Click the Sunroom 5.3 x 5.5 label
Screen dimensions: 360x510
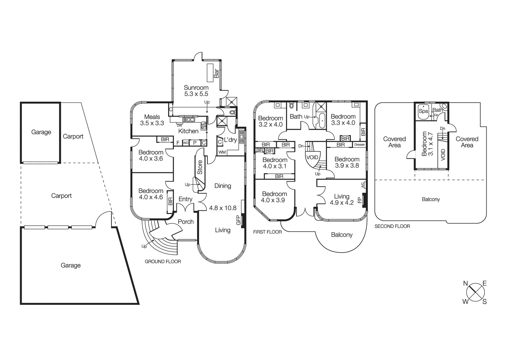196,91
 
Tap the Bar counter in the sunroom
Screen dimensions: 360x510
210,73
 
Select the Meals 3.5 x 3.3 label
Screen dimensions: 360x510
152,120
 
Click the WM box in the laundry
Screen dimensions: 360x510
222,152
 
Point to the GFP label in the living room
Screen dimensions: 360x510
238,220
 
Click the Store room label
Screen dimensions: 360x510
200,167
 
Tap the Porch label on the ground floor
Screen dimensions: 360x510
186,222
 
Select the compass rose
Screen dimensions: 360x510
475,293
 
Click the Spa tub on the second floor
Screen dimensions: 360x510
423,111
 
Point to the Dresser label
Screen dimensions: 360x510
360,145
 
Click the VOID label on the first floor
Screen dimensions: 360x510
312,157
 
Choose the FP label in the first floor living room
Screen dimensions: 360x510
360,200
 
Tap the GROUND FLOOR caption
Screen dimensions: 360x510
163,262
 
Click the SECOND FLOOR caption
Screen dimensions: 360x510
392,226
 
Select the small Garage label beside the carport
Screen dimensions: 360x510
41,132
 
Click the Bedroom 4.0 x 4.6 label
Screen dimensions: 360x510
151,194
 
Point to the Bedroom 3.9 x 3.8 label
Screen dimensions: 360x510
347,162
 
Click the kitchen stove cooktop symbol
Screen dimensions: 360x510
203,125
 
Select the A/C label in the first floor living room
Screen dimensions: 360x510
363,185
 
